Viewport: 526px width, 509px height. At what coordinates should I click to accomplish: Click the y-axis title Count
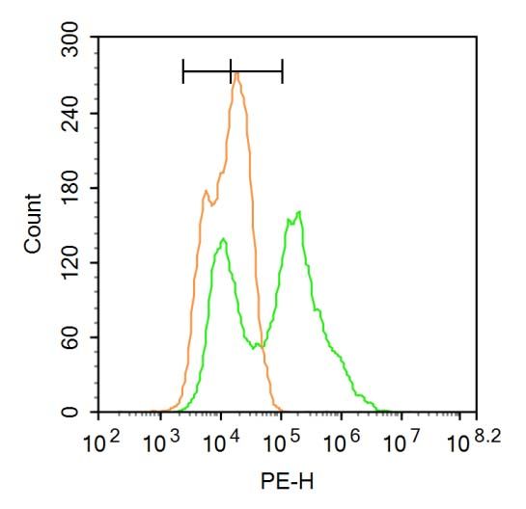click(34, 224)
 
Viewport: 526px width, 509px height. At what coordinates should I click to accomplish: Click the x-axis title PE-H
click(289, 479)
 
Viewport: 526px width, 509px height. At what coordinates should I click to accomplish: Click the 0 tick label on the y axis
click(80, 413)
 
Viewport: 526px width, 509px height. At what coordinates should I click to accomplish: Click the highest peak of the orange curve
click(236, 74)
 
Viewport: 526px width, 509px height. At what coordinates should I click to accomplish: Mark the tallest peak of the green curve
click(299, 212)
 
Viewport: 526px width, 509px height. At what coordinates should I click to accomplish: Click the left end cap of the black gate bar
click(182, 70)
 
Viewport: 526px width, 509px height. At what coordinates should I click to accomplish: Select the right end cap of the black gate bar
click(282, 70)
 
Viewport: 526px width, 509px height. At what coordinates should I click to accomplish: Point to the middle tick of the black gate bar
click(232, 70)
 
